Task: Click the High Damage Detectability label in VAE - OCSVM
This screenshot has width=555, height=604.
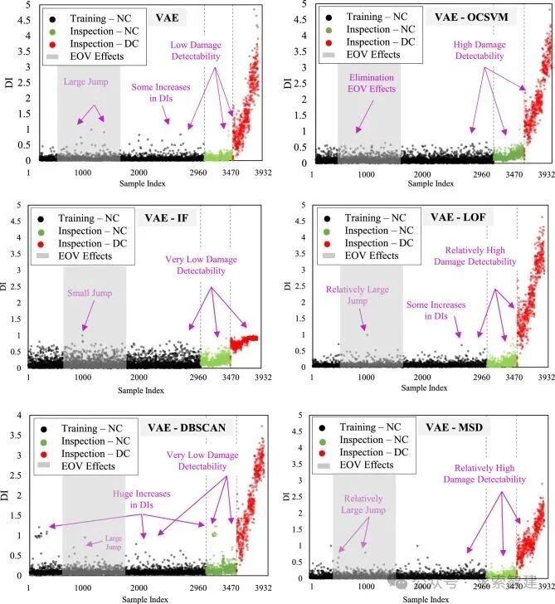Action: (479, 50)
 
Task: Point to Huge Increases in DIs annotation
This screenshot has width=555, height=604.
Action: (141, 499)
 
